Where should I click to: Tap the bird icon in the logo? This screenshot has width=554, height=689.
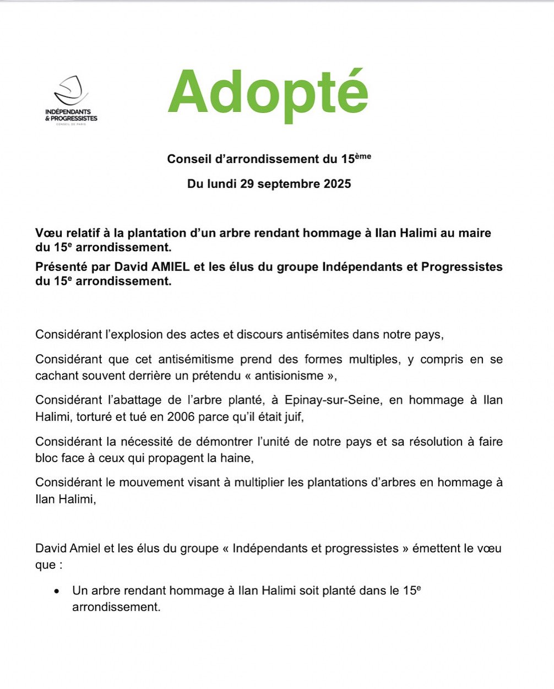pos(72,90)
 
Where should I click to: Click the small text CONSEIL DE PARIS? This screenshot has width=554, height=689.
pos(71,124)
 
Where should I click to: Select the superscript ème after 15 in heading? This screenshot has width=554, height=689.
pos(363,156)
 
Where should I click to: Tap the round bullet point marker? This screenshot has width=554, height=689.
pos(57,592)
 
